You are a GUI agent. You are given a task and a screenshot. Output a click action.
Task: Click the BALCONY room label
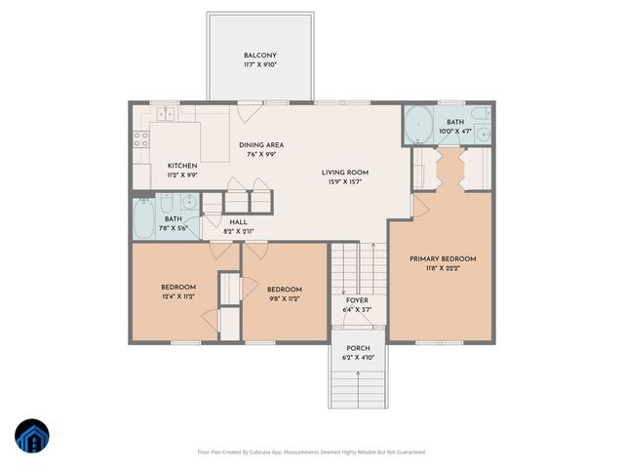260,56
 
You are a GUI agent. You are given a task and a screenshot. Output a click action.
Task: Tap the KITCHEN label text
182,166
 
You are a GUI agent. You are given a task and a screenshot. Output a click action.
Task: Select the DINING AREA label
261,145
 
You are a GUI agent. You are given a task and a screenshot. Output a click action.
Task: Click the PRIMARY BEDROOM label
442,258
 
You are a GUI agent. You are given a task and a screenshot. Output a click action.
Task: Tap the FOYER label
358,300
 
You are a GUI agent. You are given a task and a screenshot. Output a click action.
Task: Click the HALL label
239,222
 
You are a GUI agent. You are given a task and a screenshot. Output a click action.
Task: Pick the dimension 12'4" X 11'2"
178,295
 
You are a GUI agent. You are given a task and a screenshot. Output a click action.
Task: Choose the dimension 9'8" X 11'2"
284,298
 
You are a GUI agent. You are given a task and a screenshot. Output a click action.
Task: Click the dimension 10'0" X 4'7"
454,130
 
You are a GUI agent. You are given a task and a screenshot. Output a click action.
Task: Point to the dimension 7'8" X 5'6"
174,227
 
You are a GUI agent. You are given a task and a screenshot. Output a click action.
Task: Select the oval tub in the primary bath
419,125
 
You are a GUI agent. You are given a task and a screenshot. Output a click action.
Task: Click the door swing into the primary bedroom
422,207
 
